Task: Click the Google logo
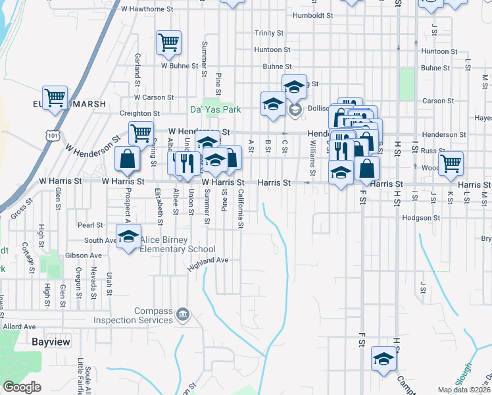(x=22, y=387)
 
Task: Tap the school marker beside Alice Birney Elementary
(x=128, y=237)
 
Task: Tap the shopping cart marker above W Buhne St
(x=168, y=43)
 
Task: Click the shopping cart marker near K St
(x=451, y=163)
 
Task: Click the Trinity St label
(x=269, y=33)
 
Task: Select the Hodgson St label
(x=422, y=218)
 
